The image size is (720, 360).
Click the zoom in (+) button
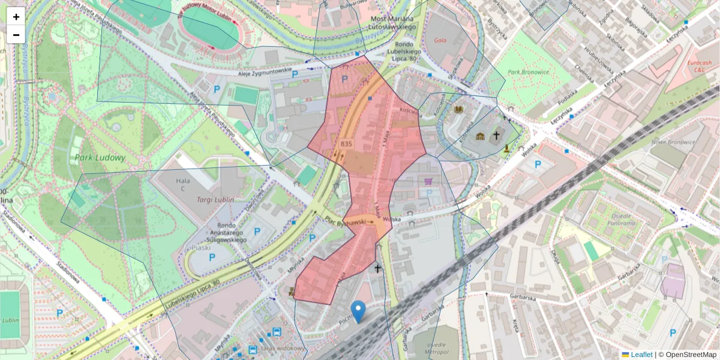[x=16, y=17]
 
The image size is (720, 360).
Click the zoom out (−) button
[x=16, y=35]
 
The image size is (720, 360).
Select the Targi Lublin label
[x=211, y=199]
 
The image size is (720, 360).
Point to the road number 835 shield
[x=346, y=144]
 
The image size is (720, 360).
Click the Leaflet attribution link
[x=641, y=355]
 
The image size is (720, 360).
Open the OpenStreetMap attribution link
[x=691, y=355]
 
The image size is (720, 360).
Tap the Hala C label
[x=182, y=181]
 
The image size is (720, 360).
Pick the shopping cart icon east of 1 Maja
[x=428, y=182]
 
